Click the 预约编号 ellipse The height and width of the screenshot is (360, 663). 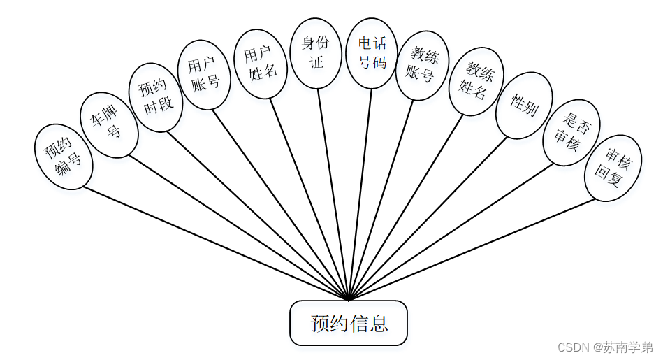(64, 157)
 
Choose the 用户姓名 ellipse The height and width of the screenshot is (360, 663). (260, 64)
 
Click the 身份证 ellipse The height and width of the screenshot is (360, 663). (316, 53)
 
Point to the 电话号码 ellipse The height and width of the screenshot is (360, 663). (372, 53)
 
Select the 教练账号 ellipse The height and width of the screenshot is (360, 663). (422, 65)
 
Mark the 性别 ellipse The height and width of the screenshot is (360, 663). (524, 106)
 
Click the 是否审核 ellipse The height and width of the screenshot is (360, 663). (571, 132)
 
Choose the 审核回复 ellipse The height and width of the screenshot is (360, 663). (613, 168)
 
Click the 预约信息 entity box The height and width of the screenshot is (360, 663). (349, 323)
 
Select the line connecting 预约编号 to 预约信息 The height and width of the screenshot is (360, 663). (210, 241)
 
